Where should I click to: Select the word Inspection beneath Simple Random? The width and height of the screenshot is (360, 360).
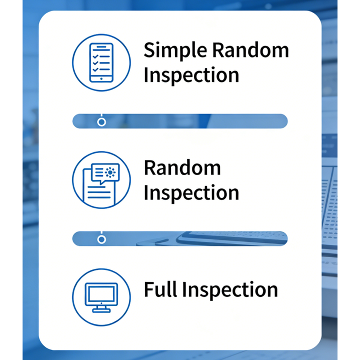tap(191, 75)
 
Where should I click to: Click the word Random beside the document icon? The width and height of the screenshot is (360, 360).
tap(182, 168)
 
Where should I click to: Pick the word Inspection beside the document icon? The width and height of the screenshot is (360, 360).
tap(191, 193)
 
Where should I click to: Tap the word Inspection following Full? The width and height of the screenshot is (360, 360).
tap(229, 290)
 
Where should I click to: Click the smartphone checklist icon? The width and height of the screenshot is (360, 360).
tap(101, 62)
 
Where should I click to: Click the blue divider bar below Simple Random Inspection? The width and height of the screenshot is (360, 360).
tap(180, 121)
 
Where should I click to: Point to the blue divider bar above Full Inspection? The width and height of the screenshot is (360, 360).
tap(180, 238)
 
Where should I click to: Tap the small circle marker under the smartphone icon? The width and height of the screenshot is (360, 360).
tap(101, 121)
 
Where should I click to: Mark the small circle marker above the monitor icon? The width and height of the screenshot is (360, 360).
tap(101, 239)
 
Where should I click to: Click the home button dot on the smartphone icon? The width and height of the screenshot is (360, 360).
tap(101, 78)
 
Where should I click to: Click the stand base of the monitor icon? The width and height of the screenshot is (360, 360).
tap(101, 310)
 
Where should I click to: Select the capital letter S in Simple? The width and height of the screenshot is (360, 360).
tap(150, 51)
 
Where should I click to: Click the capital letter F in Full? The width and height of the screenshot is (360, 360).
tap(148, 289)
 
